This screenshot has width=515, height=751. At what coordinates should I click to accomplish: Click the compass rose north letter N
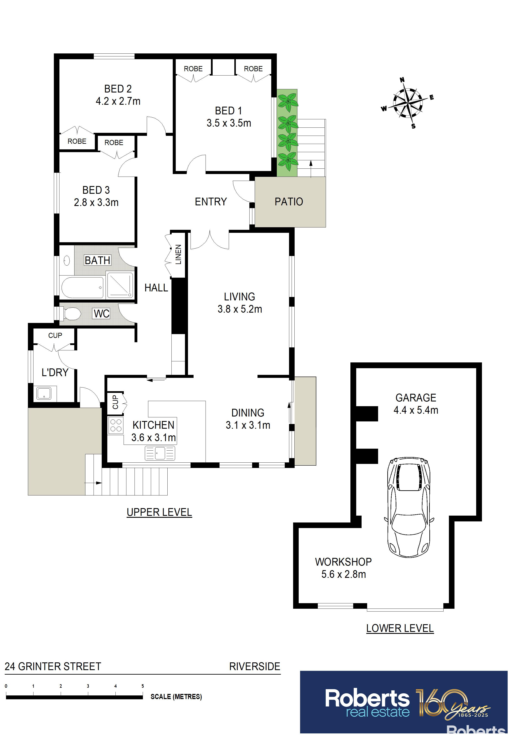(402, 80)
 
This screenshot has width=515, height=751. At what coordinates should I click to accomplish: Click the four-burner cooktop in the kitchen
(116, 425)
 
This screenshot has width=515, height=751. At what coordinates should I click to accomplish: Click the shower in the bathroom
(120, 285)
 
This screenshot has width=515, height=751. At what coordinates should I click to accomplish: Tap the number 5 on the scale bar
(142, 686)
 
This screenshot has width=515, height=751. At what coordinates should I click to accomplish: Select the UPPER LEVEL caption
(159, 512)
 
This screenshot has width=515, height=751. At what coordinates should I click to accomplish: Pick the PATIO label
(289, 202)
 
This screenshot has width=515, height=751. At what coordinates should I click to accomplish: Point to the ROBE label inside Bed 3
(114, 142)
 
